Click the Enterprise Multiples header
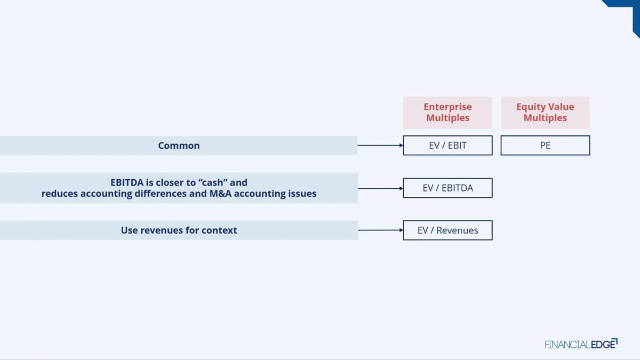point(447,113)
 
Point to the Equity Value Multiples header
point(545,113)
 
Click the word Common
point(179,146)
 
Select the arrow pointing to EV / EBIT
point(380,146)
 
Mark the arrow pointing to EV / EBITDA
point(380,188)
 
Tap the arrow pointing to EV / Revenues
point(380,230)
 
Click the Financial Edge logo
point(581,343)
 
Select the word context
point(219,230)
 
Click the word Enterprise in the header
point(447,107)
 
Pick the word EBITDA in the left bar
point(127,182)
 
